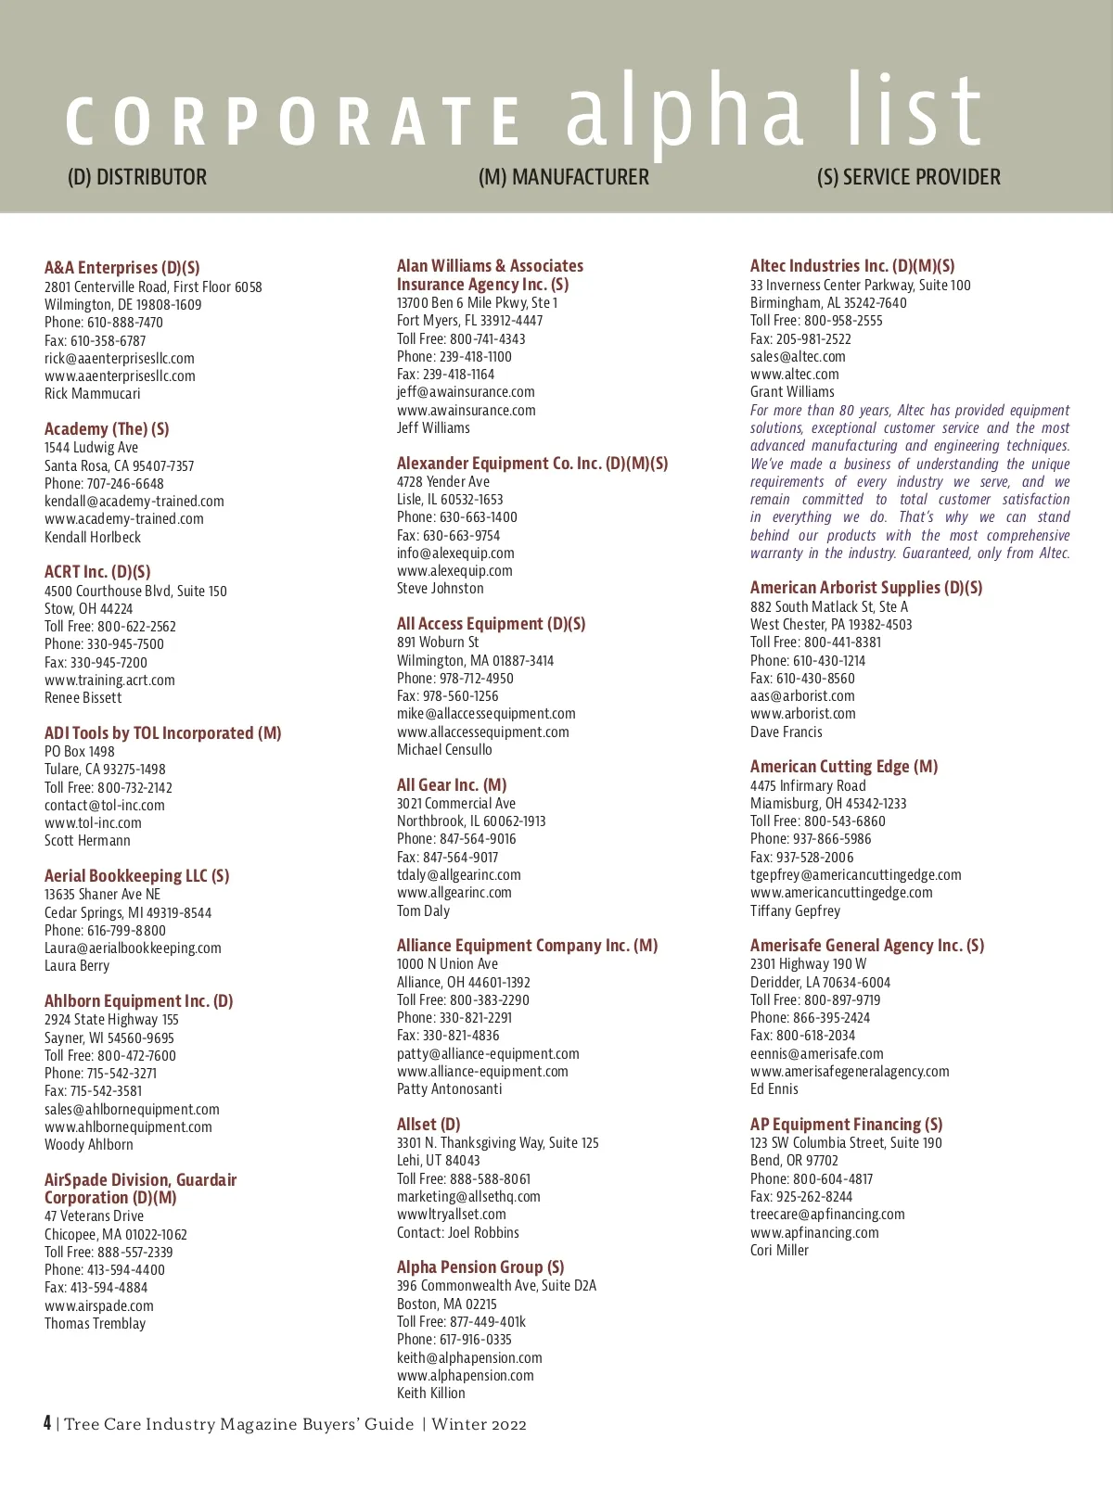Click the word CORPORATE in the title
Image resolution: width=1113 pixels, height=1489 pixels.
[293, 121]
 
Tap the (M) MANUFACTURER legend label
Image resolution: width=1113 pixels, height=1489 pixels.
[563, 177]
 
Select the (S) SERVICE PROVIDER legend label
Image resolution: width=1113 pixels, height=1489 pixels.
[908, 177]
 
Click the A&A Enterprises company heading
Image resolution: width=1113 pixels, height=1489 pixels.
[122, 268]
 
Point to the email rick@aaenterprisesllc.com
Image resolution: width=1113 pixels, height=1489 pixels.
[120, 359]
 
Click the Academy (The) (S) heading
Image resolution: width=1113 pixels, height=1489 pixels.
[107, 429]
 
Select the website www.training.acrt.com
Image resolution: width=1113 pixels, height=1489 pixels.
[109, 681]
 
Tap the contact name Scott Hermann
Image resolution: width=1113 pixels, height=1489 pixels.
[87, 841]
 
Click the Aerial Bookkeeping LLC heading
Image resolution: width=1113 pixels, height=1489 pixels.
[136, 876]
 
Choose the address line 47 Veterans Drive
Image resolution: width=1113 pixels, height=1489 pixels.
[94, 1216]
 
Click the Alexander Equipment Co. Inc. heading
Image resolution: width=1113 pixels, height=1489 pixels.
[531, 464]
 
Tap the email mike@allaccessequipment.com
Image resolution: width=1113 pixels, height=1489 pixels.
[486, 714]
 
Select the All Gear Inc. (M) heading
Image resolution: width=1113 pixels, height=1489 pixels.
[452, 785]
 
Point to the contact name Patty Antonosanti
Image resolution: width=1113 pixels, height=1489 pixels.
[449, 1089]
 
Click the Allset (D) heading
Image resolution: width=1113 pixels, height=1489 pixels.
[429, 1125]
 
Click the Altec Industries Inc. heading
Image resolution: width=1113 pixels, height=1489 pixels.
[851, 266]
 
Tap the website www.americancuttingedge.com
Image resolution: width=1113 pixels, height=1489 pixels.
[841, 893]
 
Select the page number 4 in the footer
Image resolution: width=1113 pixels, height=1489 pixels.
[47, 1423]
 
